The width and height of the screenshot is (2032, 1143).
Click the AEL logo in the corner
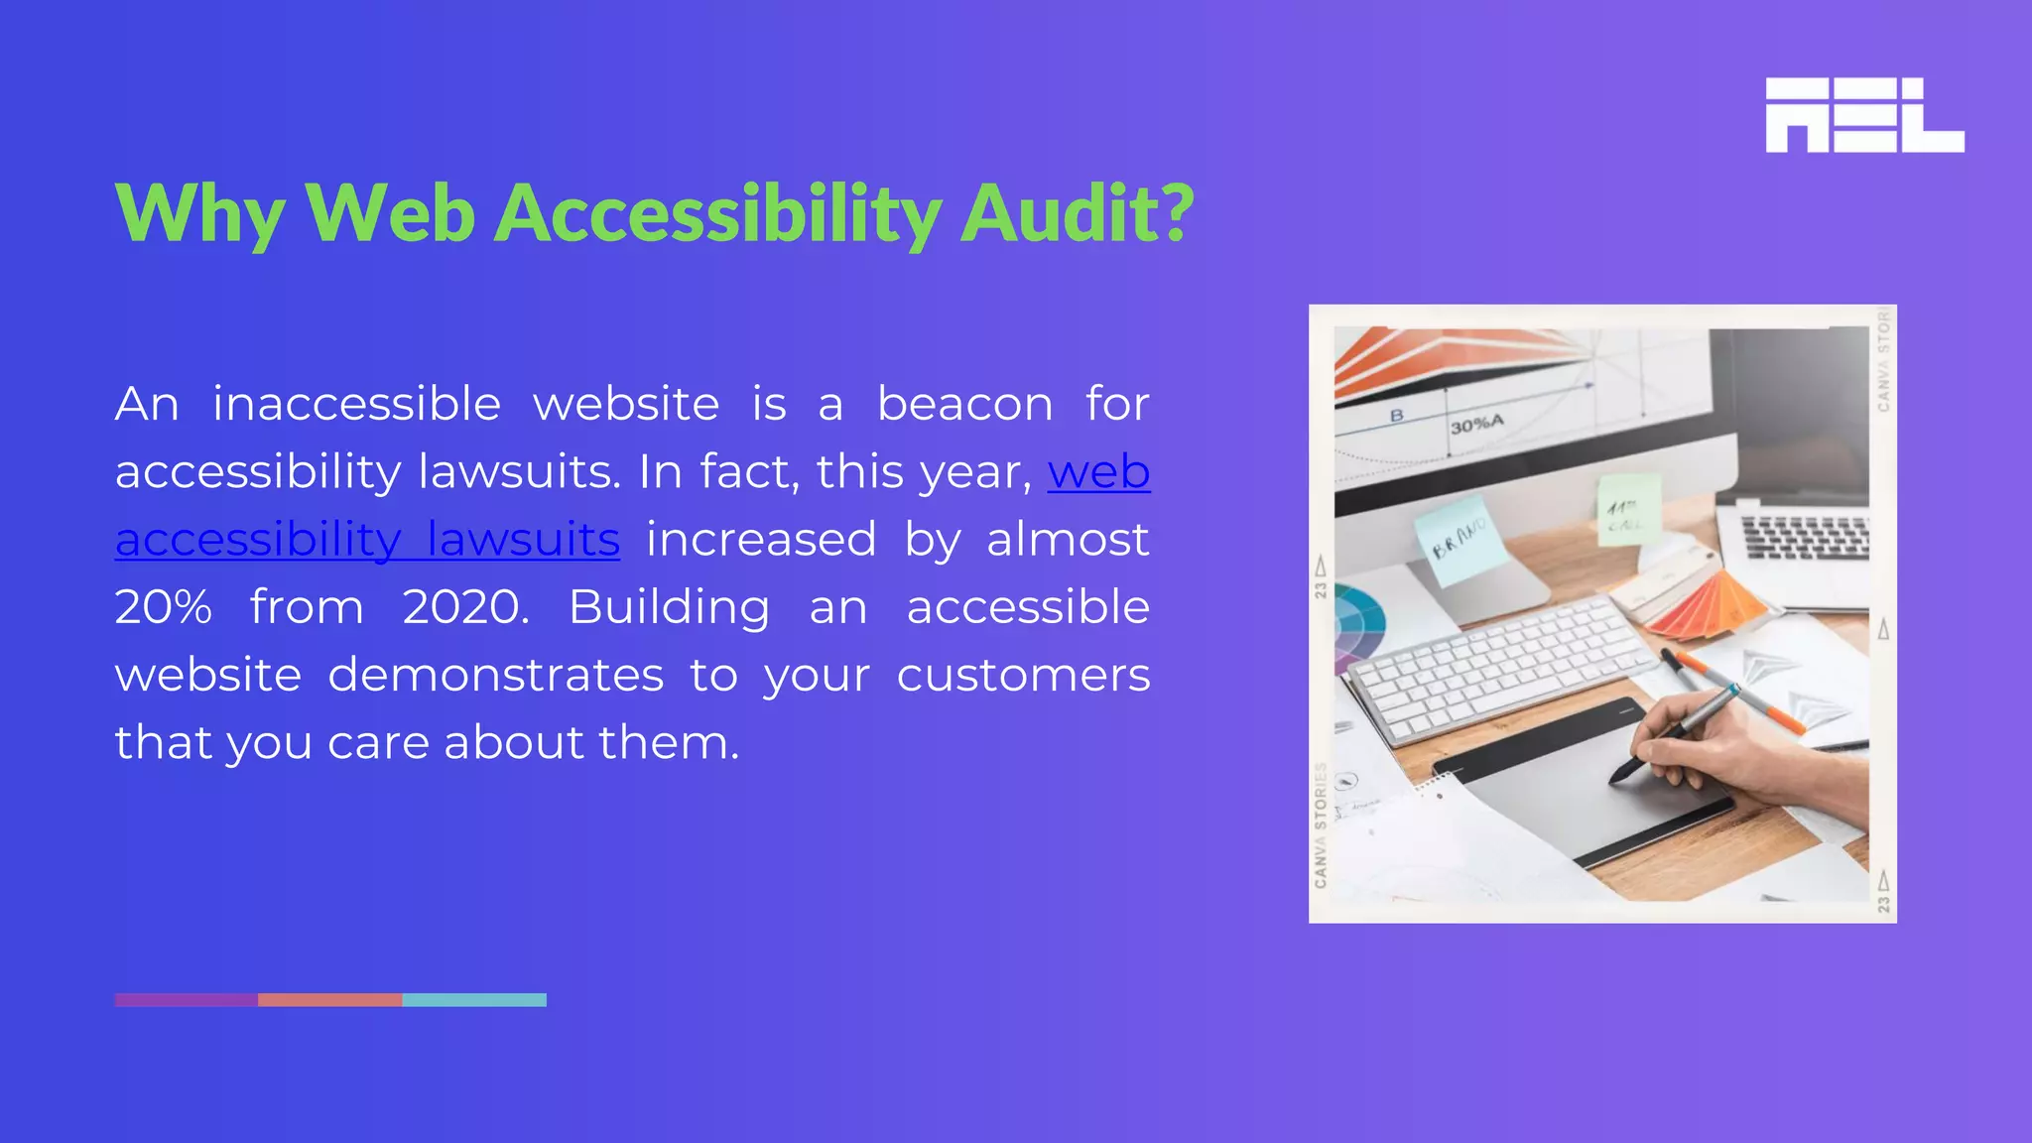click(1864, 115)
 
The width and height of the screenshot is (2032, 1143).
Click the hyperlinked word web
click(1098, 472)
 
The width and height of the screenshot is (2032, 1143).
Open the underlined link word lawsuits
click(523, 541)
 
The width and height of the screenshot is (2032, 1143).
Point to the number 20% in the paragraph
click(163, 607)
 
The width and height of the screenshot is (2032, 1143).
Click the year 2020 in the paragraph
click(464, 607)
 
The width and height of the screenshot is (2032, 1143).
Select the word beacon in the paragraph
click(964, 405)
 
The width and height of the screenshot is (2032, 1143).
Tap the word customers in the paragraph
click(1023, 676)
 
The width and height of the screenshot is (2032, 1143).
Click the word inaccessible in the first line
click(356, 405)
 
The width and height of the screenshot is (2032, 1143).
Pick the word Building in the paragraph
click(669, 607)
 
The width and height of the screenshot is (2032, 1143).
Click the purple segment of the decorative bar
click(187, 1000)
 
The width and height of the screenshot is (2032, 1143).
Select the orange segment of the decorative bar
click(330, 1000)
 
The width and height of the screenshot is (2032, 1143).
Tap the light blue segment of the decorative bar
click(474, 1000)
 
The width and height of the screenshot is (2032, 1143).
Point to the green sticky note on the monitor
click(1627, 510)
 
